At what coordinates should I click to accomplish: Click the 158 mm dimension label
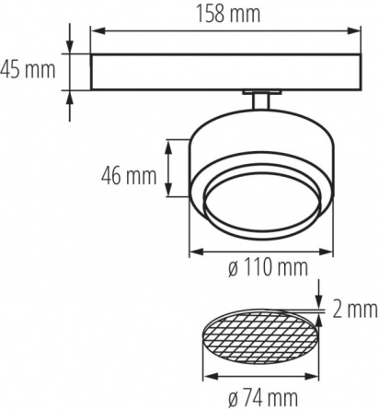pyautogui.click(x=228, y=14)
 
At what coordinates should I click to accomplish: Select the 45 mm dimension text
pyautogui.click(x=28, y=70)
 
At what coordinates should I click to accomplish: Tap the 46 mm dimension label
pyautogui.click(x=129, y=176)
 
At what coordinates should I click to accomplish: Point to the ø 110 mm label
pyautogui.click(x=268, y=267)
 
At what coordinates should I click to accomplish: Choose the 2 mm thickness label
pyautogui.click(x=355, y=310)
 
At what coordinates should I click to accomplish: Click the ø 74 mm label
pyautogui.click(x=263, y=397)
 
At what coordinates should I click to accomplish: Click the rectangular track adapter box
pyautogui.click(x=225, y=72)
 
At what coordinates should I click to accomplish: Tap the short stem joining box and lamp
pyautogui.click(x=261, y=101)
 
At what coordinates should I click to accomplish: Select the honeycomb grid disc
pyautogui.click(x=260, y=337)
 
